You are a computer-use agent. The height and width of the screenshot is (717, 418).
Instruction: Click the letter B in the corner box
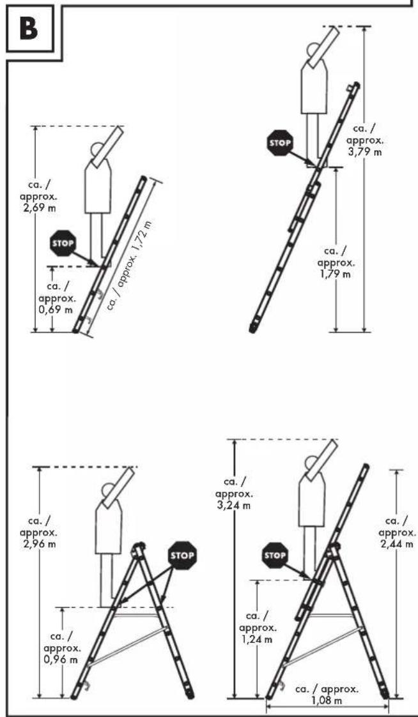29,28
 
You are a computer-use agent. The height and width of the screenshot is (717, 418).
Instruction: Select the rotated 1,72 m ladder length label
130,265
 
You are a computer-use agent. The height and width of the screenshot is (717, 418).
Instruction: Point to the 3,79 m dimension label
365,140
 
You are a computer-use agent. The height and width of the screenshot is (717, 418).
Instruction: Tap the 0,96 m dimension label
62,648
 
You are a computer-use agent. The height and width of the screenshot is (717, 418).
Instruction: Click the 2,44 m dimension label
398,532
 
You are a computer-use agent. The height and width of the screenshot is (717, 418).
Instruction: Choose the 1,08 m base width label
327,695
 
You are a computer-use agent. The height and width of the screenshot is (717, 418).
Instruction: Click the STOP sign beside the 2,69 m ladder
63,243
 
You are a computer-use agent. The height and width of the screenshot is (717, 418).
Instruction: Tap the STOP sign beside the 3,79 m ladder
280,142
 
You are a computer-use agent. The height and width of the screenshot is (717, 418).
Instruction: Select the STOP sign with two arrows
182,555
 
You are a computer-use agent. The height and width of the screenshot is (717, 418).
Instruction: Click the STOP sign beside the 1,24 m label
275,555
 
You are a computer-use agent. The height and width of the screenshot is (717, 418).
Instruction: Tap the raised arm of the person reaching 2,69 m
107,146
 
